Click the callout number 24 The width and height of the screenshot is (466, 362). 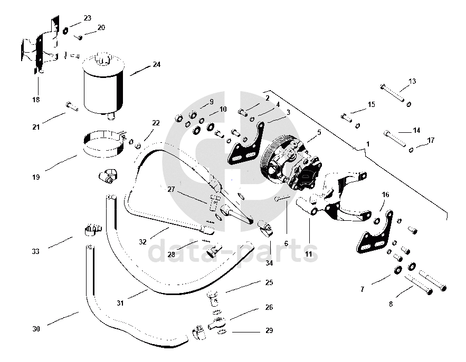click(x=156, y=65)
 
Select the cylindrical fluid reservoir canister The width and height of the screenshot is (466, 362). click(x=102, y=85)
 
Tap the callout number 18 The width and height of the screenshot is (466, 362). click(x=36, y=100)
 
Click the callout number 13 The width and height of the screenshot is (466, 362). click(x=412, y=81)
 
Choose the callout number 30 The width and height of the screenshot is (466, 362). click(x=36, y=329)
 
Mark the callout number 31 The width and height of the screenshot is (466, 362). click(x=120, y=302)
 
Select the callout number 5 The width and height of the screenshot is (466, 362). click(x=319, y=132)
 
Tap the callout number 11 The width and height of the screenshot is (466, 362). click(x=308, y=254)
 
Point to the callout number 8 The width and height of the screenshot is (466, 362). click(x=391, y=304)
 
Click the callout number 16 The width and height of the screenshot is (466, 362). click(x=385, y=195)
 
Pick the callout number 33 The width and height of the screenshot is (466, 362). click(x=36, y=252)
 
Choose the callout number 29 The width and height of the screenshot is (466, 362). click(x=269, y=331)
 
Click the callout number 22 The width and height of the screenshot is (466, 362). click(x=156, y=123)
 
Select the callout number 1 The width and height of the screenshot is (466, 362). click(x=368, y=143)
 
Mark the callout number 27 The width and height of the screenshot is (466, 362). click(x=171, y=189)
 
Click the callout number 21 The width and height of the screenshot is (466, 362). click(x=36, y=128)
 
